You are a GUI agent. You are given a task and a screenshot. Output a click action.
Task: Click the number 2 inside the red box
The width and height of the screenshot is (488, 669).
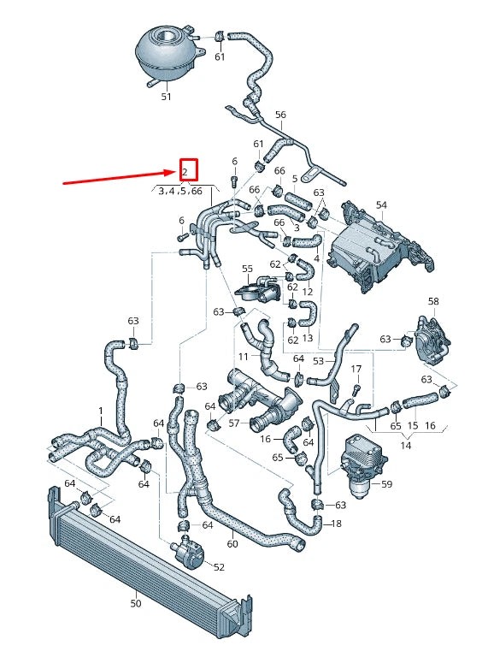185,172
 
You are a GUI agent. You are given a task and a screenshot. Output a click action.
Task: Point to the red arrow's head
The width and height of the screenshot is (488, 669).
173,172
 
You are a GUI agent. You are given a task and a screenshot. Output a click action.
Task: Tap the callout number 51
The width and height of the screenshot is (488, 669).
167,97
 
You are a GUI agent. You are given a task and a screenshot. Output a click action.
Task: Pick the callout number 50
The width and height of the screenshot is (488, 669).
135,604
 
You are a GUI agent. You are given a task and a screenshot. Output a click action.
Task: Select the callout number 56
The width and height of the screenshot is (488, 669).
280,115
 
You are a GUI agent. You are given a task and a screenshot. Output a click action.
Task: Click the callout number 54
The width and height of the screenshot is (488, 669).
381,205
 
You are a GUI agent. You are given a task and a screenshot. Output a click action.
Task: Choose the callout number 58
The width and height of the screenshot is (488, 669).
433,302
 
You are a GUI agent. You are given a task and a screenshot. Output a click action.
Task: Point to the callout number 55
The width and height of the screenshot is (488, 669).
247,269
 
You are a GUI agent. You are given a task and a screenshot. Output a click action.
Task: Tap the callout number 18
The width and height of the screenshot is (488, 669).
336,523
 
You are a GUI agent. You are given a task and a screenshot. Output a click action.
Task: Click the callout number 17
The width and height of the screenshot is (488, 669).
356,369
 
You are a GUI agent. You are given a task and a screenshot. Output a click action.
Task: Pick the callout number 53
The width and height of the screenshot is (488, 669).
318,361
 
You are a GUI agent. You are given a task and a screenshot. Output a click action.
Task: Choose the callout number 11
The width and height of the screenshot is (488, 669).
243,355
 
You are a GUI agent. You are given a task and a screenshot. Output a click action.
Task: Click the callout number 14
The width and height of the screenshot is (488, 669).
405,446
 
